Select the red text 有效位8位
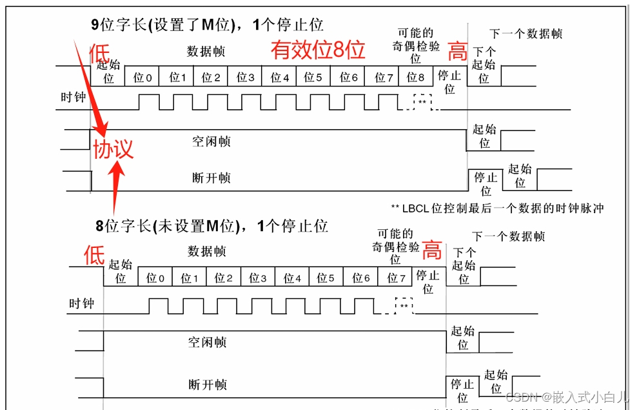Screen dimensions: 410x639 click(317, 50)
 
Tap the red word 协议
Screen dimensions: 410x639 click(113, 149)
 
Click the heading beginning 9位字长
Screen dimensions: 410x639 click(207, 25)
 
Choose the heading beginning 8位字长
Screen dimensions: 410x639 click(211, 225)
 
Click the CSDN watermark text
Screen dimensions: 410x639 click(566, 396)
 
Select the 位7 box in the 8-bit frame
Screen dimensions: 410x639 click(395, 278)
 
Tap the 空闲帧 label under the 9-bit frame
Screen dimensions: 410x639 click(211, 141)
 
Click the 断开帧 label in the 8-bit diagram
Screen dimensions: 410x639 click(208, 385)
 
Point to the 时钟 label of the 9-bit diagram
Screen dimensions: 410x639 click(74, 97)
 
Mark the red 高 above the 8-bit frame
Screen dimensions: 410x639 click(431, 251)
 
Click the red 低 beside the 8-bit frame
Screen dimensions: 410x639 click(94, 255)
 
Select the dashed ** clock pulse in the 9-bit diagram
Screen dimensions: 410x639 click(422, 102)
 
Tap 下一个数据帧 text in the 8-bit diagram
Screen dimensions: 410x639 click(508, 236)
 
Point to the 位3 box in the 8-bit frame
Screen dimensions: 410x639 click(258, 278)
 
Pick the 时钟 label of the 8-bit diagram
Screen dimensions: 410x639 click(82, 303)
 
